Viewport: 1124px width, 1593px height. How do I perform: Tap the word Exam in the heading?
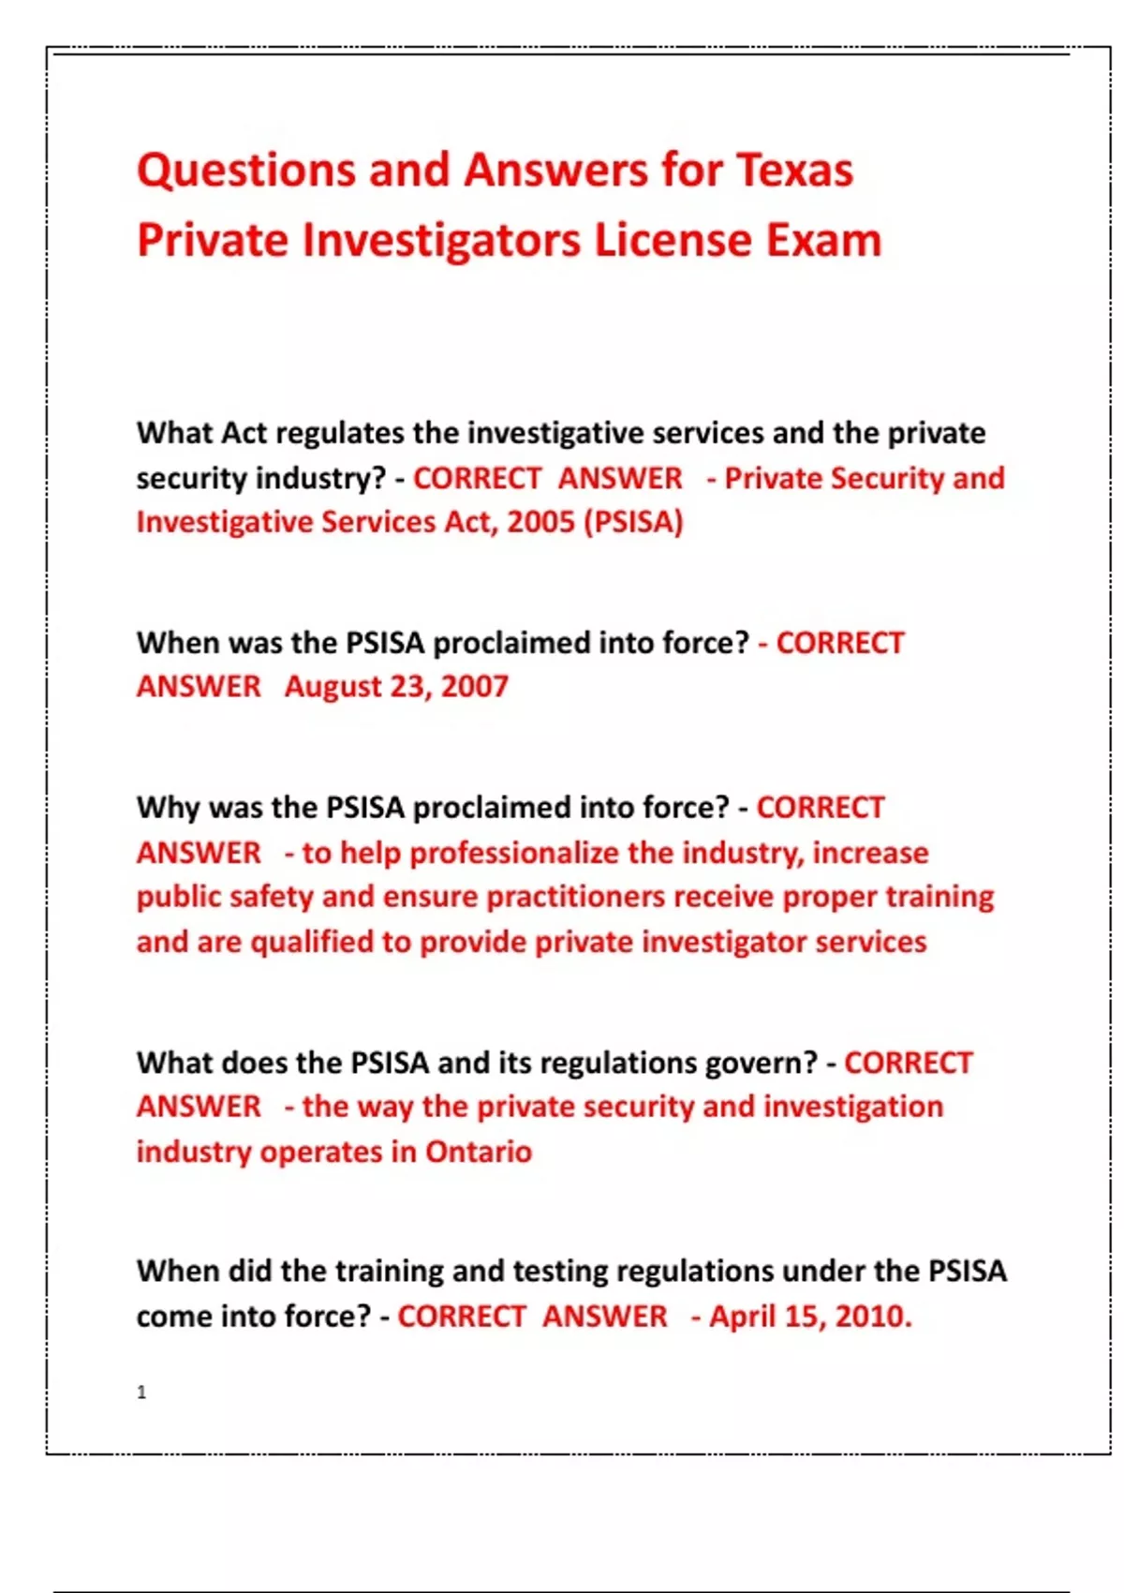click(x=824, y=240)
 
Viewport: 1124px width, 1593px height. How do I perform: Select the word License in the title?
click(x=672, y=240)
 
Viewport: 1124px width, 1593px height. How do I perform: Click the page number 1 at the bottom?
click(x=141, y=1392)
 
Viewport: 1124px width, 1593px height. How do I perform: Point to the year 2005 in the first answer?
click(x=540, y=522)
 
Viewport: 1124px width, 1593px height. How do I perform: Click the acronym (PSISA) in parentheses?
click(x=633, y=522)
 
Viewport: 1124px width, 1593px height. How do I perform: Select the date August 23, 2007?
click(x=396, y=687)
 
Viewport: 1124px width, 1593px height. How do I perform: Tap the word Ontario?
click(x=478, y=1152)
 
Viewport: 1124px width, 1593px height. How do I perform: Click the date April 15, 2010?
click(x=809, y=1317)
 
